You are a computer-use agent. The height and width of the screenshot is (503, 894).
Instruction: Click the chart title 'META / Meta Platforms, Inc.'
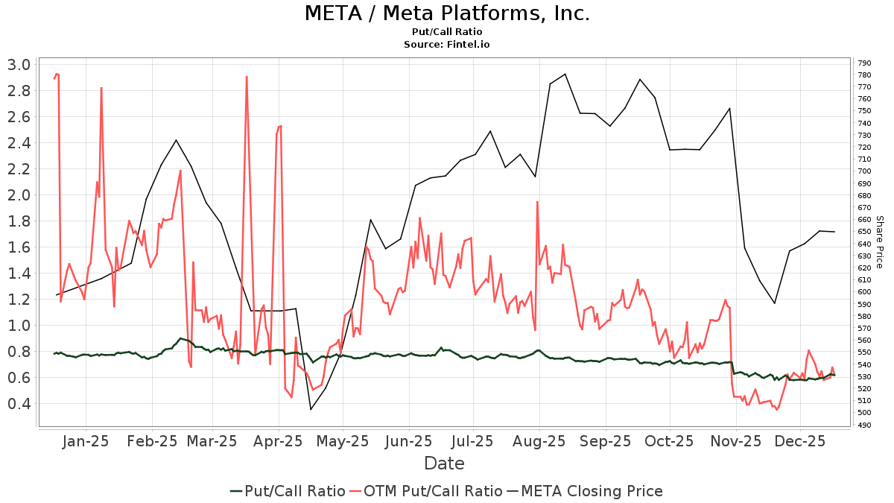point(447,13)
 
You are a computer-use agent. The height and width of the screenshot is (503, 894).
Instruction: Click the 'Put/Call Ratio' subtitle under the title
point(447,32)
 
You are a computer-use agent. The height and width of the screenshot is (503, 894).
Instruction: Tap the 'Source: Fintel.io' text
point(447,45)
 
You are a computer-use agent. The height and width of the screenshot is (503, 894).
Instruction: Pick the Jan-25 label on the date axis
point(86,440)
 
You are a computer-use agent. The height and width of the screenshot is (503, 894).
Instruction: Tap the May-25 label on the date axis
point(342,440)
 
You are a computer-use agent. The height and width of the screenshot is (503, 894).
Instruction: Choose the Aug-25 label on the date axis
point(539,440)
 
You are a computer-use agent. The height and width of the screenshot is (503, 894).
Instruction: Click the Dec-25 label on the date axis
point(800,440)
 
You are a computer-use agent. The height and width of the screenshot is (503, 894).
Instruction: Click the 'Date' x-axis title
point(444,464)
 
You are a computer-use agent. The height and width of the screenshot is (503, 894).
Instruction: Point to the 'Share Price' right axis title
point(879,242)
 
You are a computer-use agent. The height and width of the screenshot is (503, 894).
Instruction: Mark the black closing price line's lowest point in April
point(311,409)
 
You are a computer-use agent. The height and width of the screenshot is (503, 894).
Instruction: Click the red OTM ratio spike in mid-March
point(247,77)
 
